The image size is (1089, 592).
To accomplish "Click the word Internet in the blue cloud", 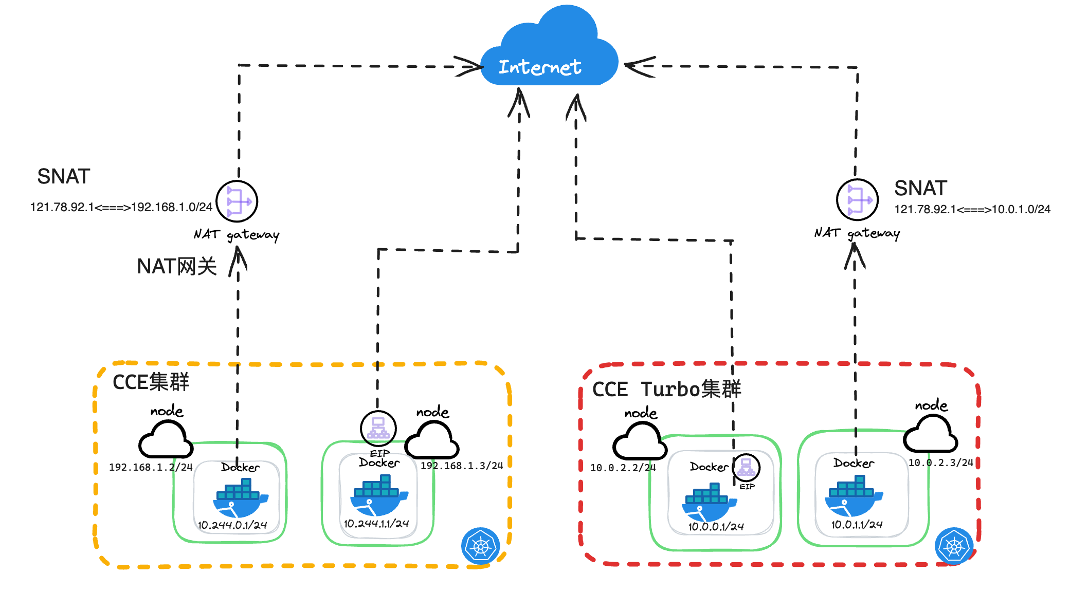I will (540, 67).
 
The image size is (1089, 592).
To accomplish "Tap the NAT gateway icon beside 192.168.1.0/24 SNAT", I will (237, 201).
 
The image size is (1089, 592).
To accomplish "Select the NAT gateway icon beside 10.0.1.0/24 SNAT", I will (857, 199).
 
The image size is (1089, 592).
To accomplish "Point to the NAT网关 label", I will (176, 267).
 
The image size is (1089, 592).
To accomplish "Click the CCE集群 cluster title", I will (151, 382).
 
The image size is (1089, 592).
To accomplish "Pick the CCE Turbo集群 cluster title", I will (666, 389).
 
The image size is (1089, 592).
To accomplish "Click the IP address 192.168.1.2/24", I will (151, 467).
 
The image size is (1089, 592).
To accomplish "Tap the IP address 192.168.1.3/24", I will (462, 466).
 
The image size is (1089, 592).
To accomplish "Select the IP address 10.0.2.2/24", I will (623, 468).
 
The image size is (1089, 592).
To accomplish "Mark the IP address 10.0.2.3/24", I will (940, 462).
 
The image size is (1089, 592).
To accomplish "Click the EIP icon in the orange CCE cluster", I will (378, 428).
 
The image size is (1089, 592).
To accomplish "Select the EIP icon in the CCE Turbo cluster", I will (746, 468).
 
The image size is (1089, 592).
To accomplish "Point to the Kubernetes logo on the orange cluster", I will (480, 546).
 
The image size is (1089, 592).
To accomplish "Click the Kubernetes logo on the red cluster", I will (954, 546).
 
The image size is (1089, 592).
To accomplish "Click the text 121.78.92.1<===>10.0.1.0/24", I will (972, 209).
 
